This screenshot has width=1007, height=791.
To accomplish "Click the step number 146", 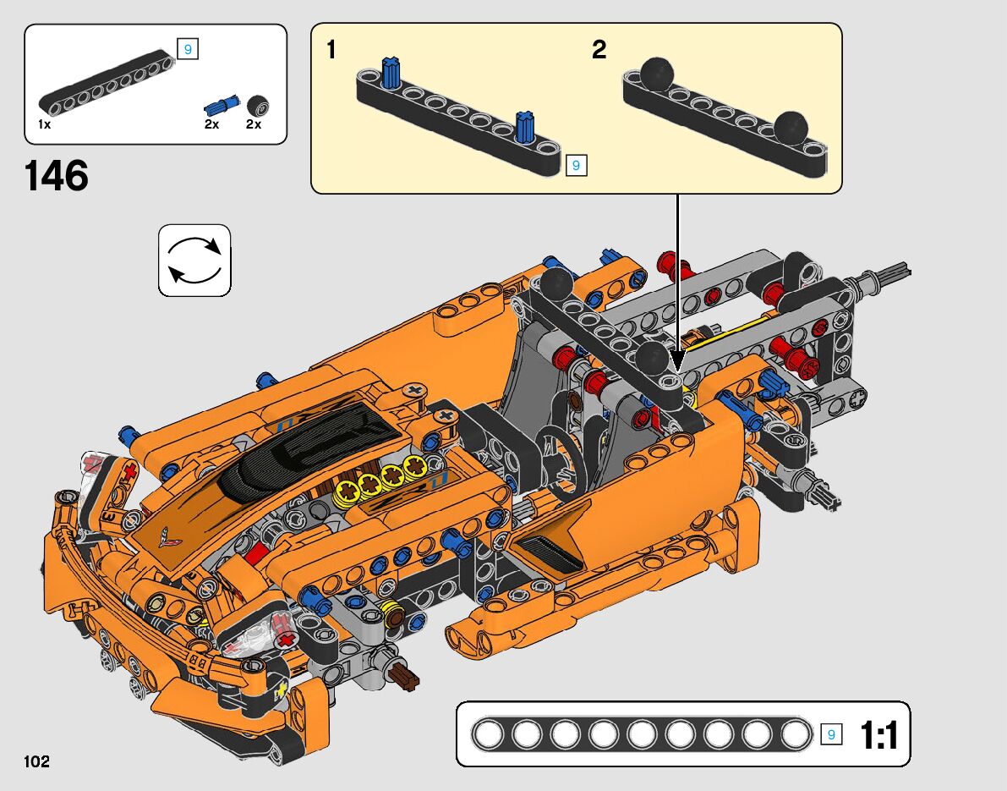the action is tap(57, 176).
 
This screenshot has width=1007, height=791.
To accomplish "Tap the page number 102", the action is tap(36, 761).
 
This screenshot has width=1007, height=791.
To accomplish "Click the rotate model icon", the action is tap(194, 261).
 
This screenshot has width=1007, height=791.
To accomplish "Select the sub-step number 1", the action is tap(331, 49).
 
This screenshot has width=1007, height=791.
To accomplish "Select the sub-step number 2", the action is tap(599, 49).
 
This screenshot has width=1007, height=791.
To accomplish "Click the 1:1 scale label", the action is tap(878, 735).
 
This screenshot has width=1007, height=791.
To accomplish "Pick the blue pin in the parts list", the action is tap(222, 105).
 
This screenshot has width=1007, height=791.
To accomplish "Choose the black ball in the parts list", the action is tap(258, 106).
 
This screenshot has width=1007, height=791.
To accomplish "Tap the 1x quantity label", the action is tap(44, 124).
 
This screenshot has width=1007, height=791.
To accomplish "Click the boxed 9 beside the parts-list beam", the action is tap(188, 49).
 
